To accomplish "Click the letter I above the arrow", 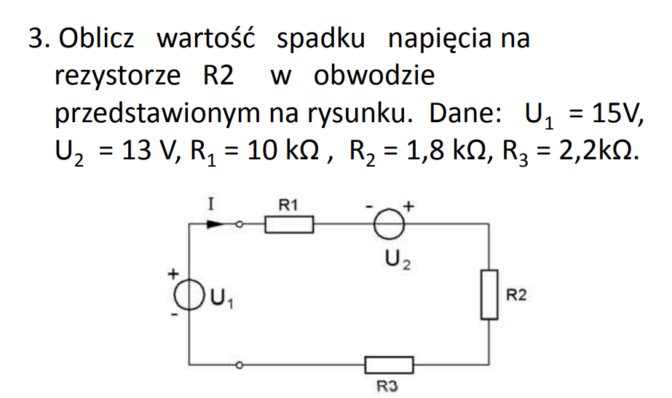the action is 210,204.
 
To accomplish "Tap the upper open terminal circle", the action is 240,224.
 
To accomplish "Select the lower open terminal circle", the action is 240,365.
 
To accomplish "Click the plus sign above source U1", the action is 173,274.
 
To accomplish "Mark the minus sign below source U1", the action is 174,314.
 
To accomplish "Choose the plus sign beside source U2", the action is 408,206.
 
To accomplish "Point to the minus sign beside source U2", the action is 369,207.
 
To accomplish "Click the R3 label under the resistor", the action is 387,386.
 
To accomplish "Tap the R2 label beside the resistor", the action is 516,295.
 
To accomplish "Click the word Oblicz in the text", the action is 96,38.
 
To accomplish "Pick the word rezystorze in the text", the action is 117,76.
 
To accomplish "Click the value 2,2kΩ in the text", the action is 598,151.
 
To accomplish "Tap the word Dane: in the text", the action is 465,113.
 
